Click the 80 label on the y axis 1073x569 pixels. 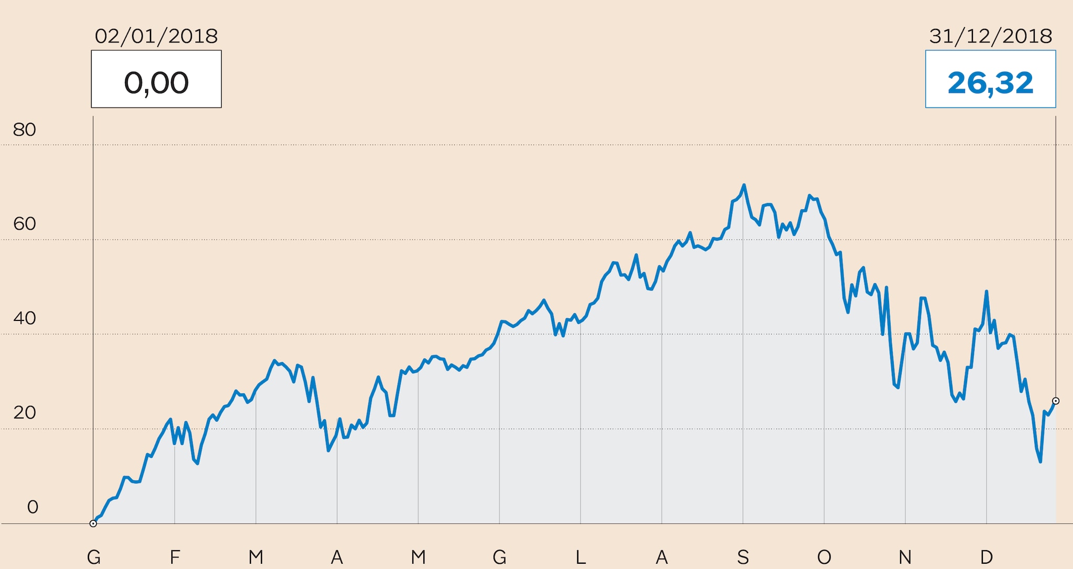(x=25, y=130)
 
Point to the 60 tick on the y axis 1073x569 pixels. (x=25, y=224)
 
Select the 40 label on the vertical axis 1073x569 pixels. (x=25, y=318)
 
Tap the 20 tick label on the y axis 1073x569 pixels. (x=25, y=413)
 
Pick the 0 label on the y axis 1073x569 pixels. (x=32, y=507)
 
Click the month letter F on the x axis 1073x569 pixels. (x=175, y=557)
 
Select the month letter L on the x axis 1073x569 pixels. (x=581, y=557)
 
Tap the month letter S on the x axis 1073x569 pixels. (x=743, y=557)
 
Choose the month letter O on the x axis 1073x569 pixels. (x=824, y=557)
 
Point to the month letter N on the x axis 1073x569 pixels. (x=905, y=557)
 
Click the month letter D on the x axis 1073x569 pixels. (x=987, y=557)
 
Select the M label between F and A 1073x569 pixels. (x=256, y=557)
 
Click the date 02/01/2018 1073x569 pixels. (x=156, y=36)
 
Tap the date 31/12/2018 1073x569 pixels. (x=990, y=36)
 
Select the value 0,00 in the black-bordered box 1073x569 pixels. (x=156, y=83)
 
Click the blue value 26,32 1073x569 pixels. (x=990, y=83)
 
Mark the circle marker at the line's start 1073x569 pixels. (x=93, y=523)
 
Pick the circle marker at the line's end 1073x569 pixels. (x=1056, y=401)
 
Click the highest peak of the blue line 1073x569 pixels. (x=744, y=185)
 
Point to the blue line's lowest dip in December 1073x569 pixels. (x=1040, y=461)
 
